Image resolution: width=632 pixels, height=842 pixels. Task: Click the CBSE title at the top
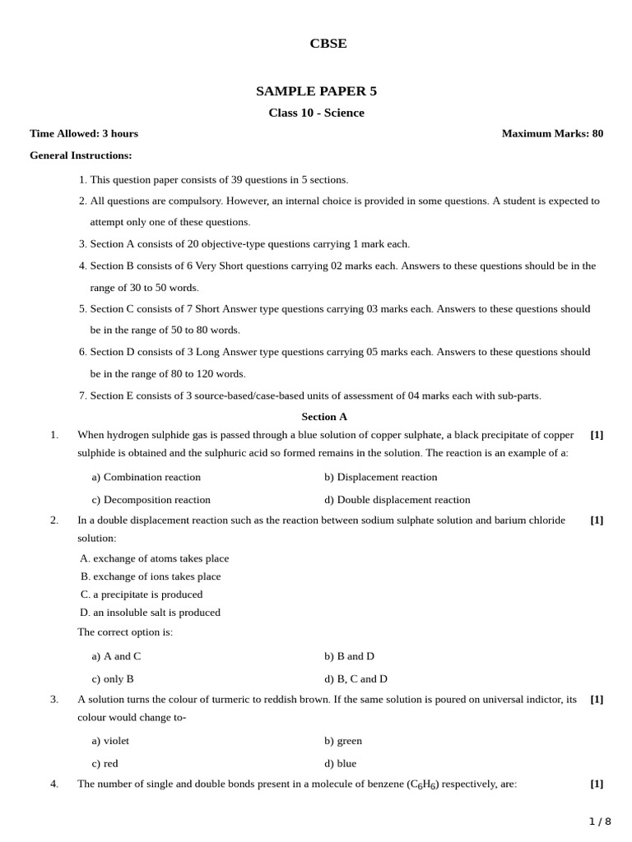(x=328, y=44)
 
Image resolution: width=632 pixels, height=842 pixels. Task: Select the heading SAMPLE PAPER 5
(x=316, y=91)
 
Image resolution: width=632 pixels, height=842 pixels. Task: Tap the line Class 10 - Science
(x=316, y=113)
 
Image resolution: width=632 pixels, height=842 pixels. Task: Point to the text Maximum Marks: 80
(x=552, y=133)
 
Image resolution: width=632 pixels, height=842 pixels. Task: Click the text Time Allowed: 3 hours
(x=84, y=133)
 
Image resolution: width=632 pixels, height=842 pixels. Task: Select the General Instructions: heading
(x=81, y=155)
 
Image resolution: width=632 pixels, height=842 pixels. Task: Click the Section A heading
(x=324, y=417)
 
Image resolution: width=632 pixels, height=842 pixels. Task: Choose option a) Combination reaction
(x=146, y=477)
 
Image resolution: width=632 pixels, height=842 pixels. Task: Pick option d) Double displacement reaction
(x=397, y=500)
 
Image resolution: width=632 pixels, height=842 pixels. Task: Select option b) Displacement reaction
(x=381, y=477)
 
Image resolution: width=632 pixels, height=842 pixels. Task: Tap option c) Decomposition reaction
(x=151, y=500)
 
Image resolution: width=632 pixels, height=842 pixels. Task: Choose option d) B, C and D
(x=355, y=679)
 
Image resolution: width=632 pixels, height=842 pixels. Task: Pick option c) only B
(x=113, y=679)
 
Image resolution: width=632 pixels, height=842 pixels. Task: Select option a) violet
(x=110, y=741)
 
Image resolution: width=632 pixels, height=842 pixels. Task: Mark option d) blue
(x=341, y=764)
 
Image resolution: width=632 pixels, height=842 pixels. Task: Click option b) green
(x=343, y=741)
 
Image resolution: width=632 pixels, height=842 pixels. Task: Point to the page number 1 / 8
(x=600, y=821)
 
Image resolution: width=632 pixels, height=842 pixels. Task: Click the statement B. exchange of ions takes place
(x=151, y=576)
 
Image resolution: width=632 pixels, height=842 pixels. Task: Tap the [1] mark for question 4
(x=597, y=784)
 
